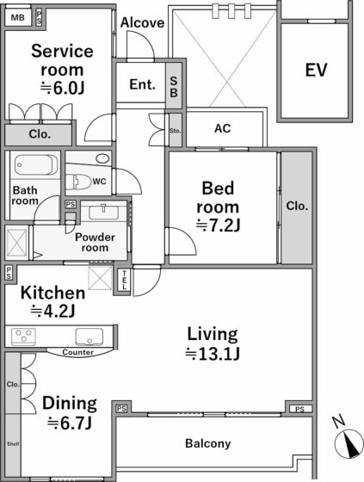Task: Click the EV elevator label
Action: pos(316,70)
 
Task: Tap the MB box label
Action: pos(17,18)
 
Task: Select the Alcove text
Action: pos(142,22)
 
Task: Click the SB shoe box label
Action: pos(174,87)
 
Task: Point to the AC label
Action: pos(223,128)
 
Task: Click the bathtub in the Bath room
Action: pos(36,164)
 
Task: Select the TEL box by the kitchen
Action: pos(124,280)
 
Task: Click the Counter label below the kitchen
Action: pos(77,352)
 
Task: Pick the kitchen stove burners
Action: pos(23,337)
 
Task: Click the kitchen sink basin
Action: pos(89,337)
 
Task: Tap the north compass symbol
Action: pos(349,443)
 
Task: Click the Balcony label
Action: pos(208,443)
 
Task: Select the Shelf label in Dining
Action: pos(13,444)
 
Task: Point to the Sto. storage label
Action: pos(175,131)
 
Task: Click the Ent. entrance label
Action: pos(142,84)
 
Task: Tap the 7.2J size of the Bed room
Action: pos(218,226)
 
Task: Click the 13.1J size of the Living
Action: pos(213,354)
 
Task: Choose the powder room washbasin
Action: pos(103,212)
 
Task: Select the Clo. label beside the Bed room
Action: pos(297,206)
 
